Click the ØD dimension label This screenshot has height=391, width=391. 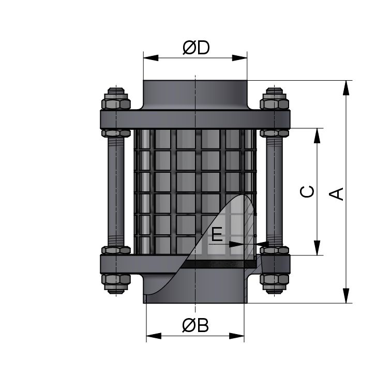195,48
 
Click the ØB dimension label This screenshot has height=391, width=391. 195,326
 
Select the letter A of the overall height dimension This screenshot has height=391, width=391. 337,193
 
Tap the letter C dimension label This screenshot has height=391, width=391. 307,191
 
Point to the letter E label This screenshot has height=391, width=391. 217,235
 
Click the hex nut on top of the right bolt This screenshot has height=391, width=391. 274,100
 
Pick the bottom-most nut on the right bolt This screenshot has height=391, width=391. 274,283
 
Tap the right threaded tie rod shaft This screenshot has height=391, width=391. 274,191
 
